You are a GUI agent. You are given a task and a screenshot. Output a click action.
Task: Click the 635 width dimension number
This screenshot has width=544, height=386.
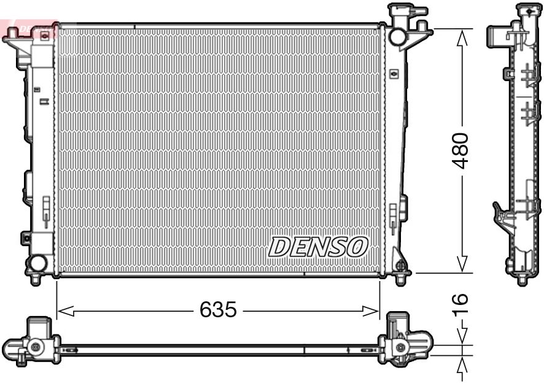218,310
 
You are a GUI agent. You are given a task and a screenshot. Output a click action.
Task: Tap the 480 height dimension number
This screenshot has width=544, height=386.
460,150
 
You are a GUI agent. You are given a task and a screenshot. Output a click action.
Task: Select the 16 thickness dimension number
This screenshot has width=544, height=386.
460,305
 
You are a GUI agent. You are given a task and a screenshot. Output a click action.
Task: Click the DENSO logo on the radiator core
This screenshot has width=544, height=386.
318,247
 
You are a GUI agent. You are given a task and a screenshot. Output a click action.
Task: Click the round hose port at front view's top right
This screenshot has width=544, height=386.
397,36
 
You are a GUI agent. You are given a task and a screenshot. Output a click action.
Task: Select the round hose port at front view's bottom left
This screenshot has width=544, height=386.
37,264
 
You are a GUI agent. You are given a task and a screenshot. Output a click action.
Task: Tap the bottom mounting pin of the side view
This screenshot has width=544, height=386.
522,279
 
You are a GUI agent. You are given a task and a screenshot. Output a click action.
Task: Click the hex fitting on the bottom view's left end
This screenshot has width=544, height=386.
35,347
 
